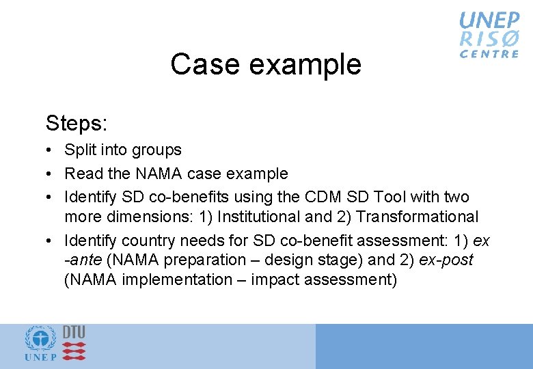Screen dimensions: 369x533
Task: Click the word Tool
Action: click(392, 197)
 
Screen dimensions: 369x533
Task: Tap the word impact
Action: click(274, 279)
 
